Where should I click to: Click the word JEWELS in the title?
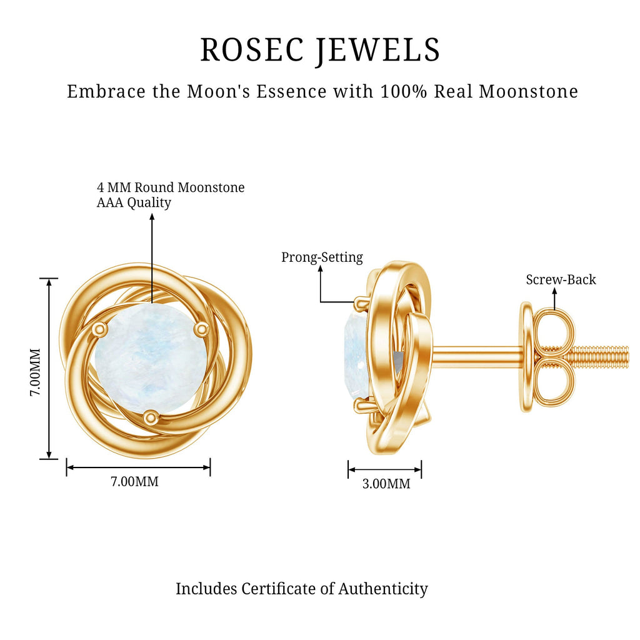click(x=379, y=51)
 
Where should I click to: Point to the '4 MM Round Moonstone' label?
click(x=171, y=187)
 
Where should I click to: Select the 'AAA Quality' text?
click(x=134, y=202)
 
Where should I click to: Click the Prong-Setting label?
click(x=322, y=257)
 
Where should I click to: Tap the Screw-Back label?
click(x=561, y=279)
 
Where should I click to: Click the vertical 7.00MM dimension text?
click(x=35, y=372)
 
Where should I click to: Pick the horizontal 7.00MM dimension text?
click(x=135, y=482)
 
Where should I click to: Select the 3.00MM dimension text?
click(x=386, y=484)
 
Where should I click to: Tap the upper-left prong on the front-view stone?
click(x=98, y=329)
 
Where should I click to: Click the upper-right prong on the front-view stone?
click(x=201, y=329)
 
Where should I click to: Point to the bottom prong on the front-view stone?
click(x=151, y=417)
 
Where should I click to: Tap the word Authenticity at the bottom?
click(x=383, y=589)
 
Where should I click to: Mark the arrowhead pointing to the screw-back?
click(x=554, y=291)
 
